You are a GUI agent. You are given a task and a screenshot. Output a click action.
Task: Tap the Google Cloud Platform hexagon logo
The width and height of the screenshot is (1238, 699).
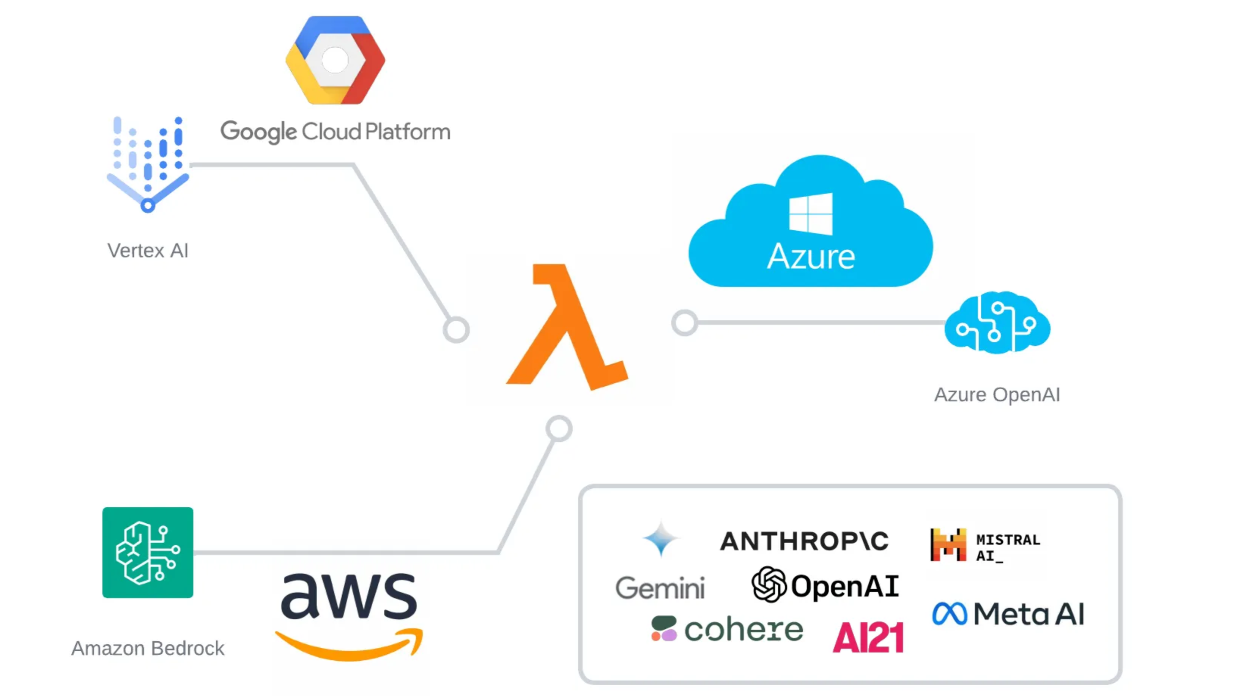335,60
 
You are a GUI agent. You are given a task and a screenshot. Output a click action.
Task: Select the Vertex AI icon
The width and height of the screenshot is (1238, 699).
148,163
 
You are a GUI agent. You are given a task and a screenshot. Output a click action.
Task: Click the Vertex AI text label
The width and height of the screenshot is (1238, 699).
148,251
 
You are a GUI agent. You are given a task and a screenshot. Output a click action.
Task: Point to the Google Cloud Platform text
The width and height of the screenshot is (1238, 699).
335,132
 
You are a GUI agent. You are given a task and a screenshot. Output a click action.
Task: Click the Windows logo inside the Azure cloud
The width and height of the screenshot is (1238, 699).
811,214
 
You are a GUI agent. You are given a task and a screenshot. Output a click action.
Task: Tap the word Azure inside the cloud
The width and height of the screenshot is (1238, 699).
811,256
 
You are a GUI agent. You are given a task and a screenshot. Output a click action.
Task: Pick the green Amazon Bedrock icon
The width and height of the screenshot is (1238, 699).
148,553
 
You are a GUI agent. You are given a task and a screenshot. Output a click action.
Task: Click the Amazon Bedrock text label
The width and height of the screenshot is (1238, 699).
148,649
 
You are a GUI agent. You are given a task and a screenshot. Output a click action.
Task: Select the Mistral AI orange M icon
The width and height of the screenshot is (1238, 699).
948,545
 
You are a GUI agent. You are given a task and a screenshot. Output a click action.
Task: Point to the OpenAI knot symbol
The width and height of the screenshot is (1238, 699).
769,585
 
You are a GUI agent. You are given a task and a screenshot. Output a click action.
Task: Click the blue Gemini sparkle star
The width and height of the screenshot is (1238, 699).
661,539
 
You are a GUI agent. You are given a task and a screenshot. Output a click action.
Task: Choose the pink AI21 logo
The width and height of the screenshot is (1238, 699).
868,638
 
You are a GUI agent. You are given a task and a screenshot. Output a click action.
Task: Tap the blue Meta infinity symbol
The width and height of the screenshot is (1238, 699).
949,614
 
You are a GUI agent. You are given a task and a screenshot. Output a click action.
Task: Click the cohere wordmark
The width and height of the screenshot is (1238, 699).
743,629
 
